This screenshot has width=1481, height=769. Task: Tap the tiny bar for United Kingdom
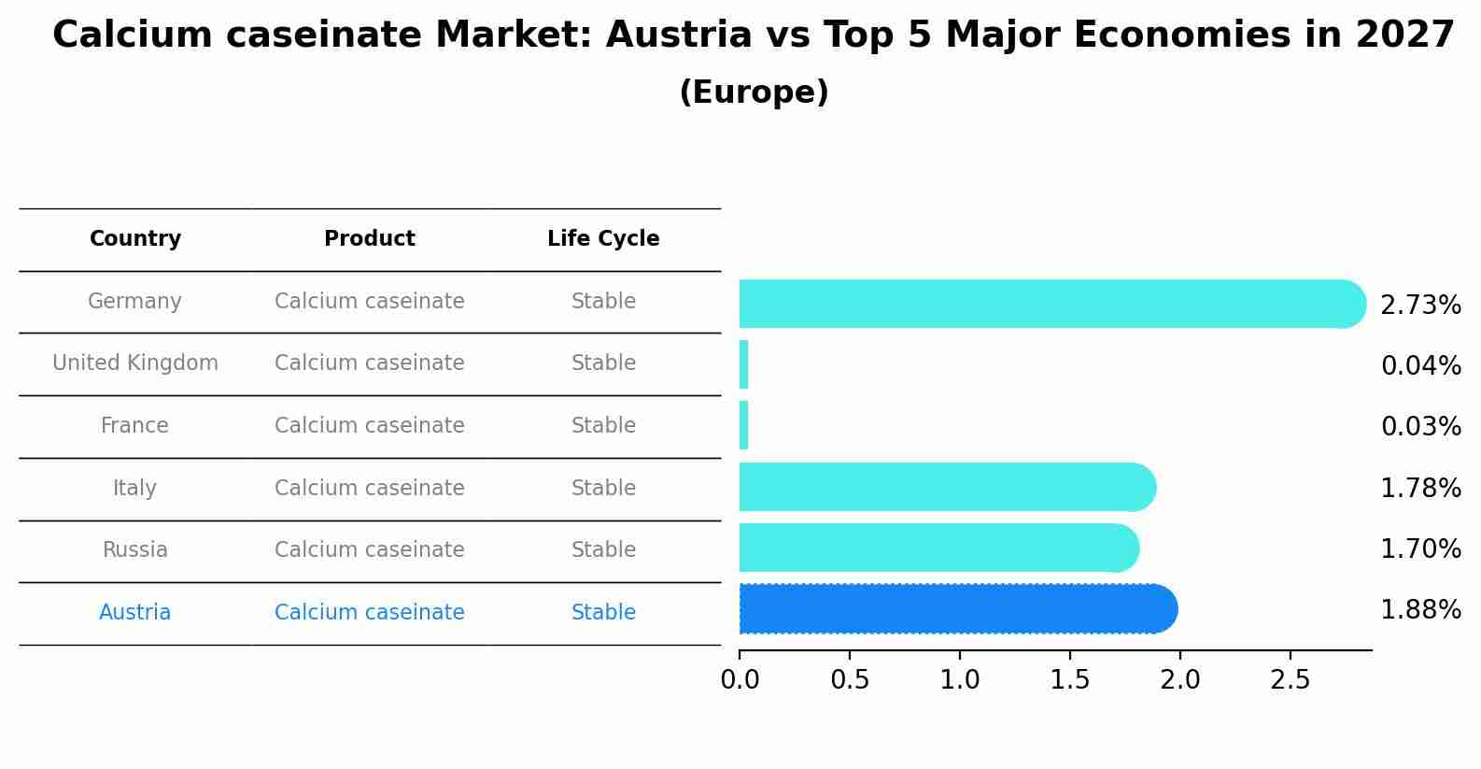click(x=744, y=364)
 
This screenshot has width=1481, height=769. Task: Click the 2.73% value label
click(x=1420, y=306)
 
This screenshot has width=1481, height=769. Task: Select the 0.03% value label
click(x=1420, y=427)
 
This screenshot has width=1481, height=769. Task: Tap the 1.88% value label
click(x=1420, y=610)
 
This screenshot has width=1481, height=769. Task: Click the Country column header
click(x=135, y=239)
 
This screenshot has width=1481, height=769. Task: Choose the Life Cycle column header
click(x=603, y=239)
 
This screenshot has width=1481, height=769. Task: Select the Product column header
click(x=370, y=239)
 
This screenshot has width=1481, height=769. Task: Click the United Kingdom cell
click(x=135, y=363)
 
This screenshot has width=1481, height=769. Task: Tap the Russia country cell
click(x=135, y=550)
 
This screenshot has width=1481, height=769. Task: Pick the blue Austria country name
click(x=135, y=613)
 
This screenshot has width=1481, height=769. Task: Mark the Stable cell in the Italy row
click(x=603, y=489)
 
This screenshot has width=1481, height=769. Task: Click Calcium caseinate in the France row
click(x=370, y=426)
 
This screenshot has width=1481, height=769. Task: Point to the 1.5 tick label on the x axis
click(x=1070, y=680)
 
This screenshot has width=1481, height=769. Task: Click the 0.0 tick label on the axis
click(x=740, y=680)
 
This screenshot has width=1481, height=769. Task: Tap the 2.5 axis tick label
click(x=1291, y=680)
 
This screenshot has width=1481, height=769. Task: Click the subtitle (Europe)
click(x=754, y=93)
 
